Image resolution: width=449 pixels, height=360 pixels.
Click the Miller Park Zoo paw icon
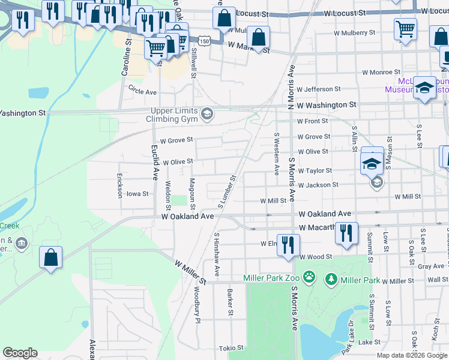tap(309, 277)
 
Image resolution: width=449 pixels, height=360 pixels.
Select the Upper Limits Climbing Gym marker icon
tap(208, 113)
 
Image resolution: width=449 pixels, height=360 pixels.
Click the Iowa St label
tap(137, 194)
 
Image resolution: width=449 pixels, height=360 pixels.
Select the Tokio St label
tap(231, 348)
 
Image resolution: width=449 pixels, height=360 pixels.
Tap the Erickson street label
tap(119, 185)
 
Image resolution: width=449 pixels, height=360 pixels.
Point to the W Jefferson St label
tap(319, 89)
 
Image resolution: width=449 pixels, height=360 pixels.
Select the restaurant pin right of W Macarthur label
tap(346, 233)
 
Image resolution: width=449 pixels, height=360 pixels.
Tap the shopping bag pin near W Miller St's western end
tap(51, 258)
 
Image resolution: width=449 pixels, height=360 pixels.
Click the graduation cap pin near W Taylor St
tap(372, 161)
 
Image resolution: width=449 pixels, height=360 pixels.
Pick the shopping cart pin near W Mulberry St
tap(406, 29)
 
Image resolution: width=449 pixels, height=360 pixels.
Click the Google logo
tap(20, 353)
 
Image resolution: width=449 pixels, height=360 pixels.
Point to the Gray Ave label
tap(431, 266)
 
